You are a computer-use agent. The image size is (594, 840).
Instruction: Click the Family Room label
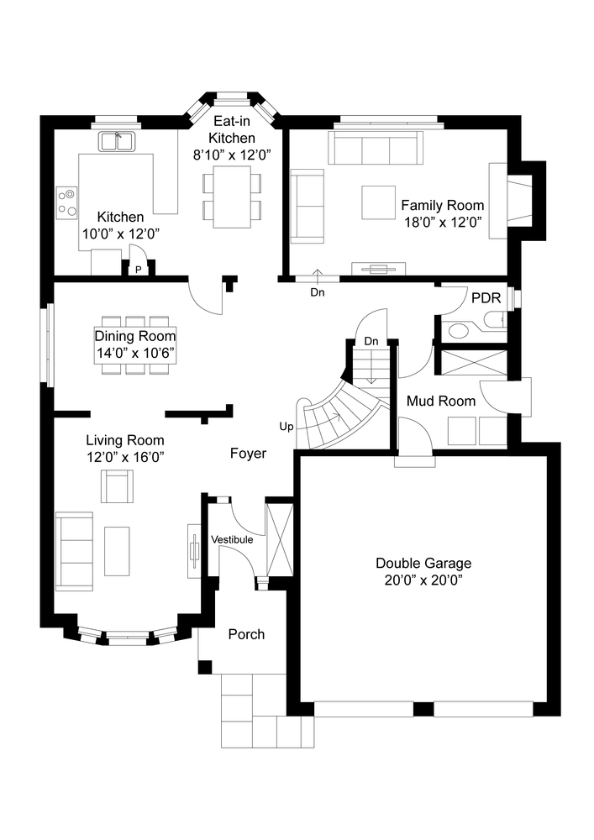pyautogui.click(x=443, y=205)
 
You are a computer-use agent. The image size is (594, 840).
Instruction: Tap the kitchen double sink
pyautogui.click(x=118, y=142)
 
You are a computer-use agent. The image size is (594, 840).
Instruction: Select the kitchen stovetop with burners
pyautogui.click(x=67, y=202)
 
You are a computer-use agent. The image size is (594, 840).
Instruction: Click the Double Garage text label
pyautogui.click(x=423, y=563)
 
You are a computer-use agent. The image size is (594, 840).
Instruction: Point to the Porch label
pyautogui.click(x=246, y=634)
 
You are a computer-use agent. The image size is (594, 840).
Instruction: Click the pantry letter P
pyautogui.click(x=138, y=270)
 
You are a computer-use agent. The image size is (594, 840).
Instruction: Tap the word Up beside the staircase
pyautogui.click(x=286, y=427)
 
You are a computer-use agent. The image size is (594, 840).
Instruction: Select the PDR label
pyautogui.click(x=486, y=298)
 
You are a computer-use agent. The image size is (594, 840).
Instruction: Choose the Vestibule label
pyautogui.click(x=232, y=539)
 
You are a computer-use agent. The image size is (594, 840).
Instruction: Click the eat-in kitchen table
pyautogui.click(x=232, y=197)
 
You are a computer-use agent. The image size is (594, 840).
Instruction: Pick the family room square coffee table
pyautogui.click(x=378, y=202)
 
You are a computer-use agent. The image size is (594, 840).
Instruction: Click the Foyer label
pyautogui.click(x=248, y=454)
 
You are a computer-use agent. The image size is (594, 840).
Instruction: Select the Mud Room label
pyautogui.click(x=441, y=401)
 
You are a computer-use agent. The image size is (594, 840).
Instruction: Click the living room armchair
pyautogui.click(x=118, y=486)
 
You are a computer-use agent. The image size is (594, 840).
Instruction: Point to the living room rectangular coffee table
pyautogui.click(x=117, y=551)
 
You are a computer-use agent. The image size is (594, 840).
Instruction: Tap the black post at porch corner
pyautogui.click(x=205, y=667)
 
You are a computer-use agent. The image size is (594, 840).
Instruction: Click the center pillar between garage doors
pyautogui.click(x=423, y=709)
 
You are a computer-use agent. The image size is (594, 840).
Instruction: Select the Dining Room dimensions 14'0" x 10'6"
pyautogui.click(x=135, y=353)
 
